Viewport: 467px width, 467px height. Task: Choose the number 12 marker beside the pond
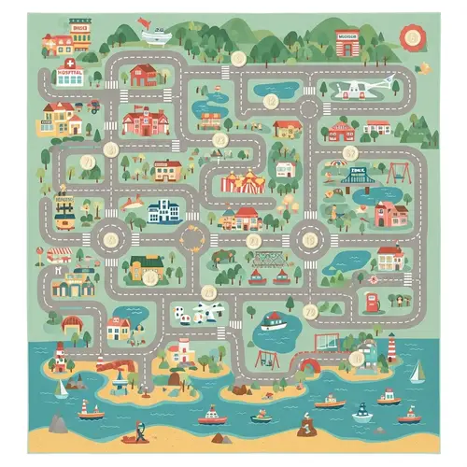point(270,101)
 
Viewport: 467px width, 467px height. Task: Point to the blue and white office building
point(165,211)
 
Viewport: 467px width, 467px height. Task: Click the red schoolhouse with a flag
point(144,121)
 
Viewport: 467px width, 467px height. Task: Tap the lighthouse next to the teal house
point(391,352)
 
